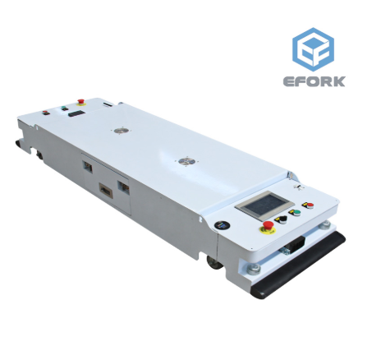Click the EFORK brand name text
coord(314,81)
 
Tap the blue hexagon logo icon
coord(313,49)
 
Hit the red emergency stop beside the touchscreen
coord(268,226)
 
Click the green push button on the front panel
coord(296,213)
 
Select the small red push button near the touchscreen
coord(310,205)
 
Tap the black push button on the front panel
coord(283,219)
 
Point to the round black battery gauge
coord(222,225)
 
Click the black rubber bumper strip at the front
coord(300,265)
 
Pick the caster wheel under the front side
coord(214,262)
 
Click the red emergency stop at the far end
coord(81,102)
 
